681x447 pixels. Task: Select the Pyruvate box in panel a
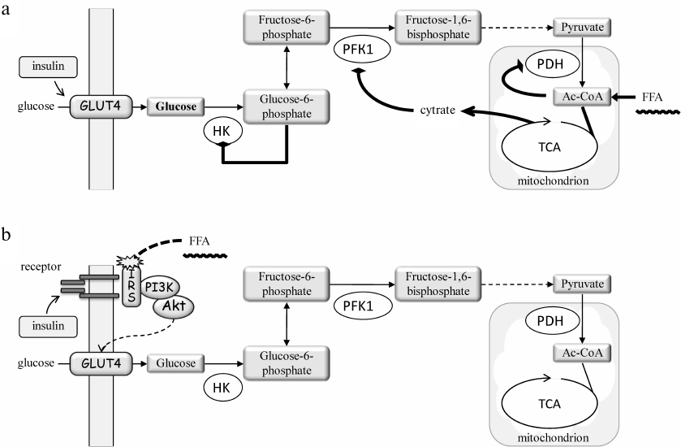tap(583, 27)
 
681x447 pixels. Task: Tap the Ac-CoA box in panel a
tap(582, 97)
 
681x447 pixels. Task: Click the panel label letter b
tap(7, 235)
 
